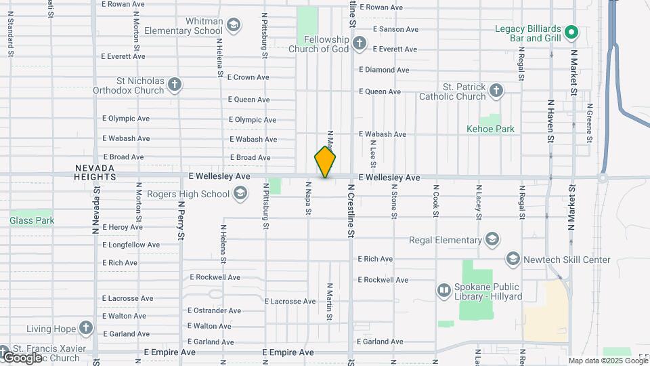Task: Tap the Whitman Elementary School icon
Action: click(x=234, y=25)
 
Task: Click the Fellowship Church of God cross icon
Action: click(x=360, y=44)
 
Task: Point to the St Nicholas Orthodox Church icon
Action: click(x=175, y=85)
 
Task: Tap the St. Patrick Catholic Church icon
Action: click(x=496, y=91)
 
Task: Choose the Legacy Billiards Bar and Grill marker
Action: click(x=571, y=33)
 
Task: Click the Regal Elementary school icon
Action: click(x=492, y=239)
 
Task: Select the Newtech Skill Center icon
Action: click(x=513, y=260)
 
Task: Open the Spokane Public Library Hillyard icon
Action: click(x=444, y=291)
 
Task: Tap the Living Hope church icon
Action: click(x=85, y=329)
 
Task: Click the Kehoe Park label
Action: click(x=491, y=129)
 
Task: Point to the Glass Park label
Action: click(x=32, y=220)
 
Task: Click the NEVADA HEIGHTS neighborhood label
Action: click(x=95, y=171)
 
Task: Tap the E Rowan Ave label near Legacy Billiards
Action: click(x=381, y=7)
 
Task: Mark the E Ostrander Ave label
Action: click(x=215, y=310)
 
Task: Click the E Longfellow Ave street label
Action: click(x=131, y=245)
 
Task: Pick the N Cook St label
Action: click(x=435, y=201)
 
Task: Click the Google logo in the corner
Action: click(x=22, y=357)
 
